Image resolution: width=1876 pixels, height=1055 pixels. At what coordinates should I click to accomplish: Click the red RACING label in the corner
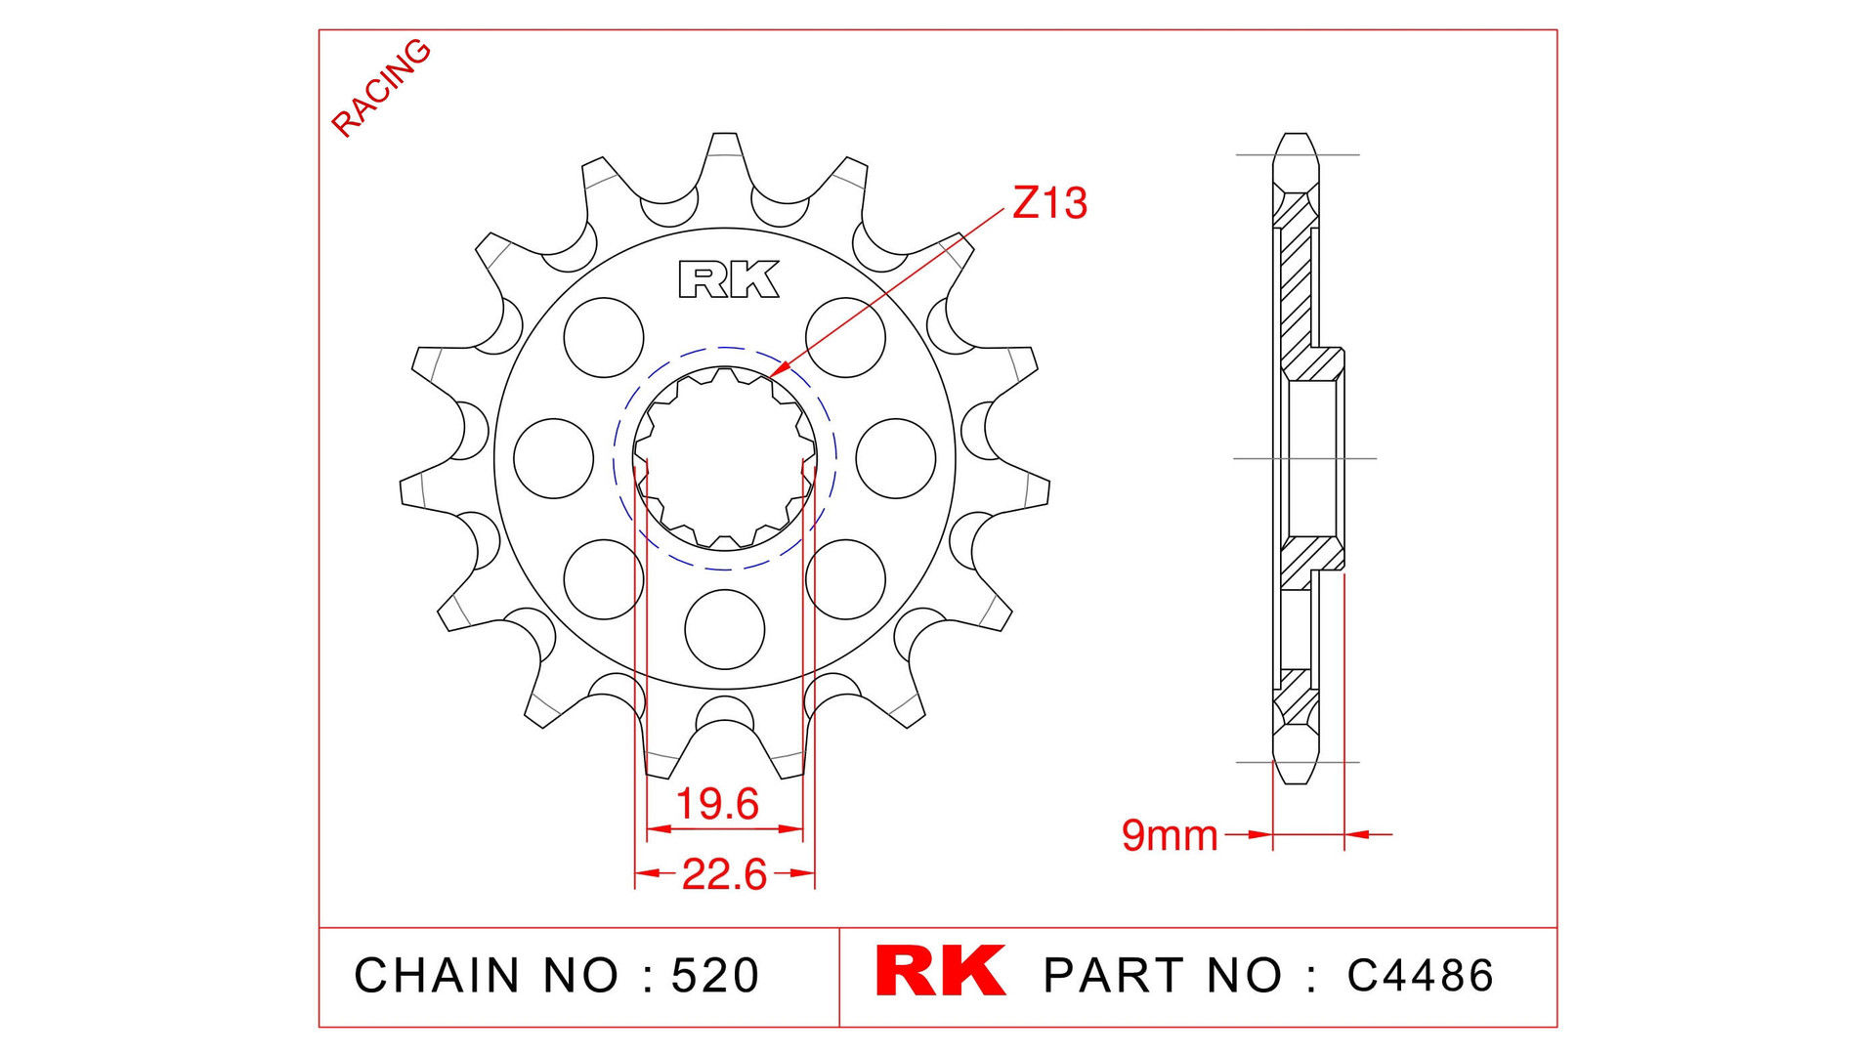pyautogui.click(x=380, y=88)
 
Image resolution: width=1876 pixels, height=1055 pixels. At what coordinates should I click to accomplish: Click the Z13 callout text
pyautogui.click(x=1049, y=203)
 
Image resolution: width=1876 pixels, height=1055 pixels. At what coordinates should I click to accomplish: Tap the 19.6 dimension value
pyautogui.click(x=717, y=804)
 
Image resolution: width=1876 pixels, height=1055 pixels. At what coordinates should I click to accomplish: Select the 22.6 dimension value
pyautogui.click(x=724, y=874)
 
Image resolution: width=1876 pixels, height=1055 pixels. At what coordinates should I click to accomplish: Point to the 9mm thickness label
pyautogui.click(x=1170, y=835)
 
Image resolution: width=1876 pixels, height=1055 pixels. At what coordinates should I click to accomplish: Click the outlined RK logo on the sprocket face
pyautogui.click(x=729, y=279)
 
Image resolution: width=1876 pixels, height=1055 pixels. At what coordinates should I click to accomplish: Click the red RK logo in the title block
pyautogui.click(x=940, y=971)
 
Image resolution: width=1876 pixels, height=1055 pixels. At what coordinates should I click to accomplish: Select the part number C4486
pyautogui.click(x=1420, y=976)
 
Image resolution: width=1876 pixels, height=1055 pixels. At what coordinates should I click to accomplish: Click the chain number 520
pyautogui.click(x=715, y=976)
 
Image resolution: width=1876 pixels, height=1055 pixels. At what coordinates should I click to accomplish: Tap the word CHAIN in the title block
pyautogui.click(x=437, y=976)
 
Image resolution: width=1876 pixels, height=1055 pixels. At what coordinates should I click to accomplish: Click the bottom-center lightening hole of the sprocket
pyautogui.click(x=724, y=629)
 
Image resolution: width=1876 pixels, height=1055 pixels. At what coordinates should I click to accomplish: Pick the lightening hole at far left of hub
pyautogui.click(x=553, y=458)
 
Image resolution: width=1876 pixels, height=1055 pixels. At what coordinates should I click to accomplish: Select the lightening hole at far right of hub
pyautogui.click(x=895, y=458)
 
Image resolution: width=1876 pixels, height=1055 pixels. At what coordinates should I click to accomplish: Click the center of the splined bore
pyautogui.click(x=724, y=457)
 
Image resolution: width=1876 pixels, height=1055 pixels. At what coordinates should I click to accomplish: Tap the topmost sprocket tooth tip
pyautogui.click(x=724, y=137)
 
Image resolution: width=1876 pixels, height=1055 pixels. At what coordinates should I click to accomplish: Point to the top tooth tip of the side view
pyautogui.click(x=1296, y=137)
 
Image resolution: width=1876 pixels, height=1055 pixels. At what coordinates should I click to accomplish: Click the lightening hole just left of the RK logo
pyautogui.click(x=603, y=337)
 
